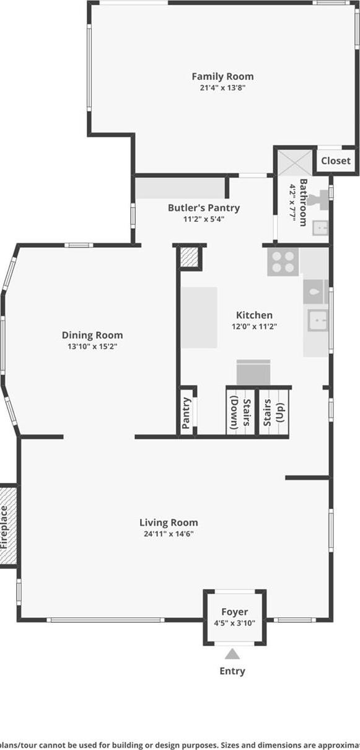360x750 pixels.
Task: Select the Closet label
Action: coord(335,161)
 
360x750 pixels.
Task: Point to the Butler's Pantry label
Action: coord(203,208)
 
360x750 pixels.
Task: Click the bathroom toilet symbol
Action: coord(319,200)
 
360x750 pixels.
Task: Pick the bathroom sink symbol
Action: coord(320,229)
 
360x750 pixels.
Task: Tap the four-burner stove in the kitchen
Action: coord(283,262)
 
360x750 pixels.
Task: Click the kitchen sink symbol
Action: coord(318,320)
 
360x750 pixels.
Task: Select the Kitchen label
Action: coord(254,315)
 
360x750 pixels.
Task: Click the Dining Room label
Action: coord(92,335)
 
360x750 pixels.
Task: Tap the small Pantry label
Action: coord(187,413)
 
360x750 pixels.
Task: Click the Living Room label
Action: coord(169,523)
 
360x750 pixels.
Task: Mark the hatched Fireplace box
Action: coord(8,526)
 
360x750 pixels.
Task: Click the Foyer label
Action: coord(234,612)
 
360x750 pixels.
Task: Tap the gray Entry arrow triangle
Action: coord(232,654)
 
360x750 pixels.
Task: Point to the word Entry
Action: coord(232,671)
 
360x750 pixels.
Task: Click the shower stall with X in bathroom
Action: coord(295,163)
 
